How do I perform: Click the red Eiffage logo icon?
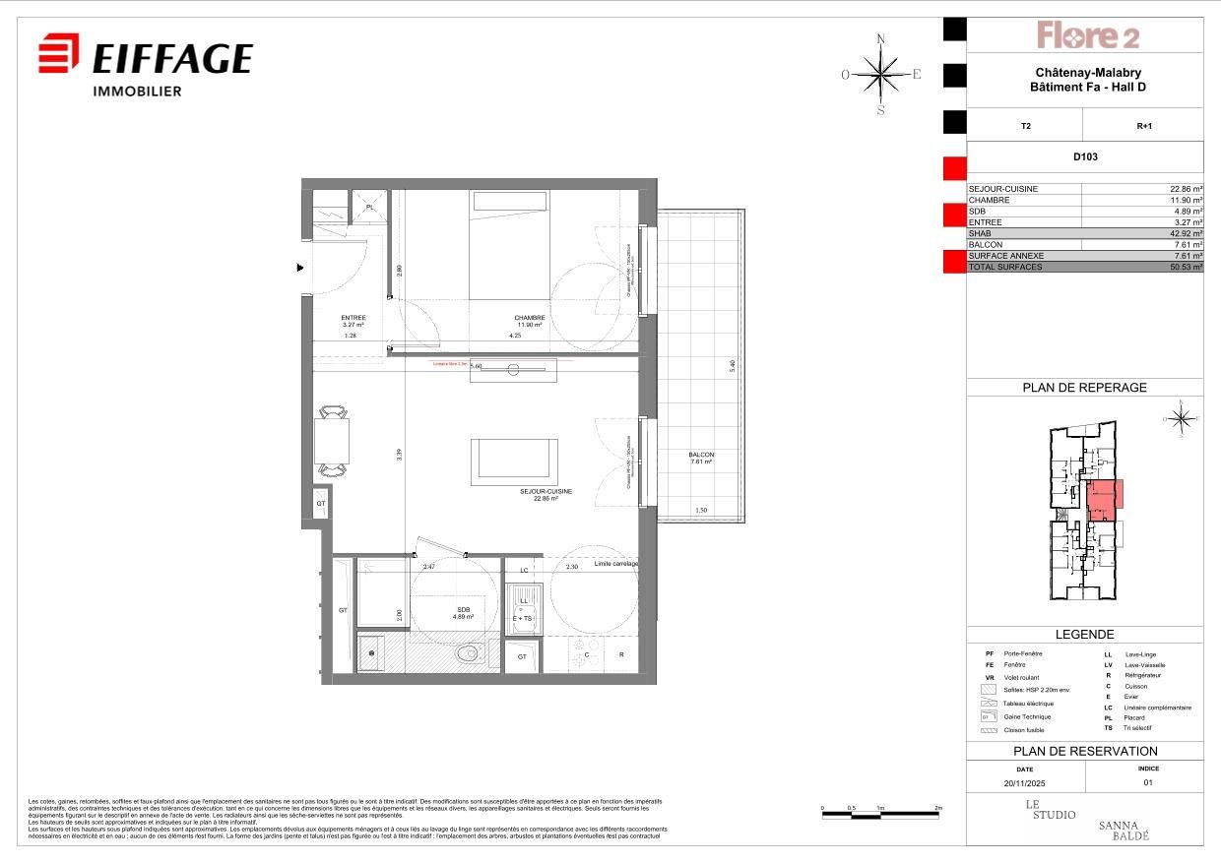(58, 53)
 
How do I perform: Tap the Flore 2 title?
(1087, 36)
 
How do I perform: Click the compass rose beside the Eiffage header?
(880, 74)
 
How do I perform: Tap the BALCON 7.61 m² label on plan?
(701, 459)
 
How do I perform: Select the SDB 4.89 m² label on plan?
(463, 613)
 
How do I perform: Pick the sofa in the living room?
(514, 462)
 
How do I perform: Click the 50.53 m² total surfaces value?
(1183, 267)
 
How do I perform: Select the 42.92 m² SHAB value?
(1183, 233)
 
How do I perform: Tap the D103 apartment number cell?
(1085, 156)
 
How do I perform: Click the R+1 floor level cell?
(1144, 125)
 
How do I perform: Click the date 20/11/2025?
(1025, 783)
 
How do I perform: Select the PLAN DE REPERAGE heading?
(1085, 388)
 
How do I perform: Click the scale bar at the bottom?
(881, 814)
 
